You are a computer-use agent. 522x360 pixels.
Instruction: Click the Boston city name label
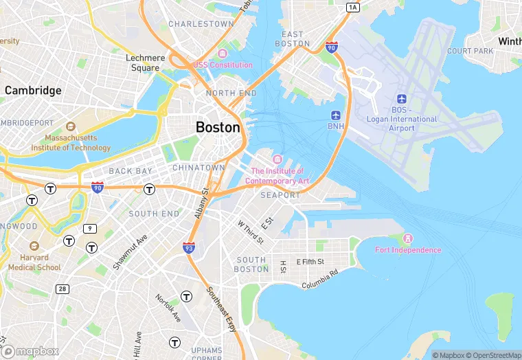(218, 127)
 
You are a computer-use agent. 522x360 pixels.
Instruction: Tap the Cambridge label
(33, 90)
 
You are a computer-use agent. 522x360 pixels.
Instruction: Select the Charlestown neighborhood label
(201, 24)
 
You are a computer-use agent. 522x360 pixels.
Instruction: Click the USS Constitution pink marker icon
(222, 54)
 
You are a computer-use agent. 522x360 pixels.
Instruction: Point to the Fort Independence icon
(408, 238)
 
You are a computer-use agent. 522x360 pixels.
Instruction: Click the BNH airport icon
(336, 115)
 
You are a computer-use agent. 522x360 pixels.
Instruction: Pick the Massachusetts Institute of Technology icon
(70, 126)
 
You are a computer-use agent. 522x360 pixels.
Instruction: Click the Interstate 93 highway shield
(189, 248)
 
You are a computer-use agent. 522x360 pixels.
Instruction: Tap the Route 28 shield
(63, 289)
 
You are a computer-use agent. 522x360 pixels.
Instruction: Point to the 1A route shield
(353, 7)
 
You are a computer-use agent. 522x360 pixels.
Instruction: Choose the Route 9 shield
(90, 228)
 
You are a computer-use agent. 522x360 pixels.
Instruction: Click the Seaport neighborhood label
(280, 195)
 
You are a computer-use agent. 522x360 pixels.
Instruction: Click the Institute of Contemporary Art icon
(277, 160)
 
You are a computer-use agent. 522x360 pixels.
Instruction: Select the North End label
(231, 93)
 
